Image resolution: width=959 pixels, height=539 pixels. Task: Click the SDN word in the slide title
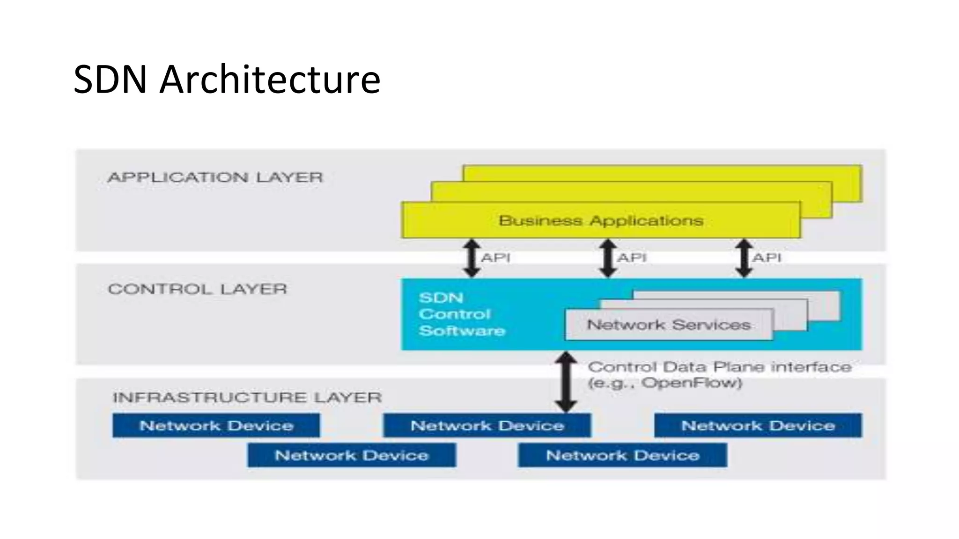click(x=111, y=80)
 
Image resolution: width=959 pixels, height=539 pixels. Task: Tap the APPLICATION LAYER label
click(x=215, y=178)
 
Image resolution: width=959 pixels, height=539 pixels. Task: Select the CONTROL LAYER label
click(x=197, y=289)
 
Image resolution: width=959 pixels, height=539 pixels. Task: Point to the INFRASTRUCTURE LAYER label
click(x=247, y=398)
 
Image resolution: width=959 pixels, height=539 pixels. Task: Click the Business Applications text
click(x=601, y=221)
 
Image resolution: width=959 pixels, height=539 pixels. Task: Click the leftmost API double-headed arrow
click(x=472, y=258)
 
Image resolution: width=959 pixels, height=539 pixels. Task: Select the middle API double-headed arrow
click(x=608, y=258)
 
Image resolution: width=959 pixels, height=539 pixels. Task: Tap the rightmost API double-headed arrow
click(x=744, y=258)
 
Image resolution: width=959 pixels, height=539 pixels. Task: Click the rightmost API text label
click(x=767, y=258)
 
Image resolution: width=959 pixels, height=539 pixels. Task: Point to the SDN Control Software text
click(x=461, y=314)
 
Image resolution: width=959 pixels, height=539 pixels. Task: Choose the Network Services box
click(x=668, y=325)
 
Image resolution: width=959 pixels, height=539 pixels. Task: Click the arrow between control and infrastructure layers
click(x=566, y=382)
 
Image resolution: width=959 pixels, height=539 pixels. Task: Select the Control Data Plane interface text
click(x=719, y=367)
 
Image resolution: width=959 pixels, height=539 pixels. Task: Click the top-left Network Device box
click(x=216, y=426)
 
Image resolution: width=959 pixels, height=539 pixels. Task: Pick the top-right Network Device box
click(x=758, y=426)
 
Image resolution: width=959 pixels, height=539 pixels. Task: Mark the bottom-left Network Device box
click(x=352, y=455)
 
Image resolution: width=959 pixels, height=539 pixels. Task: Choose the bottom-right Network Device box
click(x=622, y=455)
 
